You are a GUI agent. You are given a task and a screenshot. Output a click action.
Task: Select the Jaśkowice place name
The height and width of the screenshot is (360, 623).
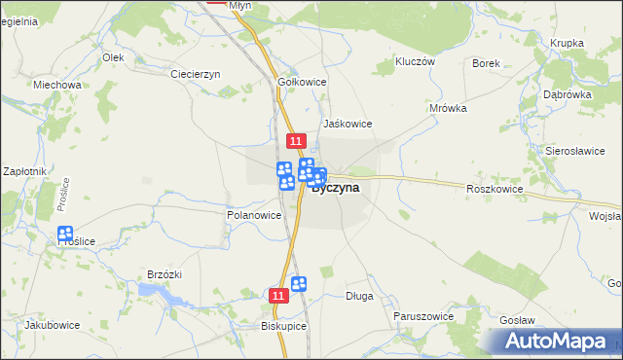click(x=348, y=124)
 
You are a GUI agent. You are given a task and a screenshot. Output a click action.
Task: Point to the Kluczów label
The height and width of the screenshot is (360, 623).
click(x=414, y=60)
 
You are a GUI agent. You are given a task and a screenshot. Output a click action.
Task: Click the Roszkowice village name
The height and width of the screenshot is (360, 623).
click(x=495, y=189)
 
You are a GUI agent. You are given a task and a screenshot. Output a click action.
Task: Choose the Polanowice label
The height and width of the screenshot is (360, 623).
click(x=254, y=215)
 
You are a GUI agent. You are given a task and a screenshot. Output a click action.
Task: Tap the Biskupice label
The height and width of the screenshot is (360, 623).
click(x=283, y=327)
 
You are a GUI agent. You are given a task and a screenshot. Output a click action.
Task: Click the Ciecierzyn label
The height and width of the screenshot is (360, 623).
click(x=196, y=74)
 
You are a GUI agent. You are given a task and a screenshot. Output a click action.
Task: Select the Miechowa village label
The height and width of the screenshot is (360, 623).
click(x=56, y=85)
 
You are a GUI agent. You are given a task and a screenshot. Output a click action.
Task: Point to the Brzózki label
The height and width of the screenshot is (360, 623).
click(x=165, y=275)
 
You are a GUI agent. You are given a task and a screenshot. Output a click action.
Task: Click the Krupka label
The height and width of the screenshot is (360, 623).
click(x=567, y=43)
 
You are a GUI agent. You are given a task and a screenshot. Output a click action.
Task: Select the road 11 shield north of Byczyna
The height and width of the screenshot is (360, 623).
click(x=297, y=142)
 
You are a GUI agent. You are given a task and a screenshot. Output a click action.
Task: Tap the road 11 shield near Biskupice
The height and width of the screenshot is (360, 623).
click(x=278, y=294)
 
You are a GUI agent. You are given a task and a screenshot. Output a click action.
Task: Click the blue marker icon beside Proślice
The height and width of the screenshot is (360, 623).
click(x=65, y=234)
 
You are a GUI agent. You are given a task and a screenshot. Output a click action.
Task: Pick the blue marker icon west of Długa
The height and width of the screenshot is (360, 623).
click(x=299, y=283)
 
